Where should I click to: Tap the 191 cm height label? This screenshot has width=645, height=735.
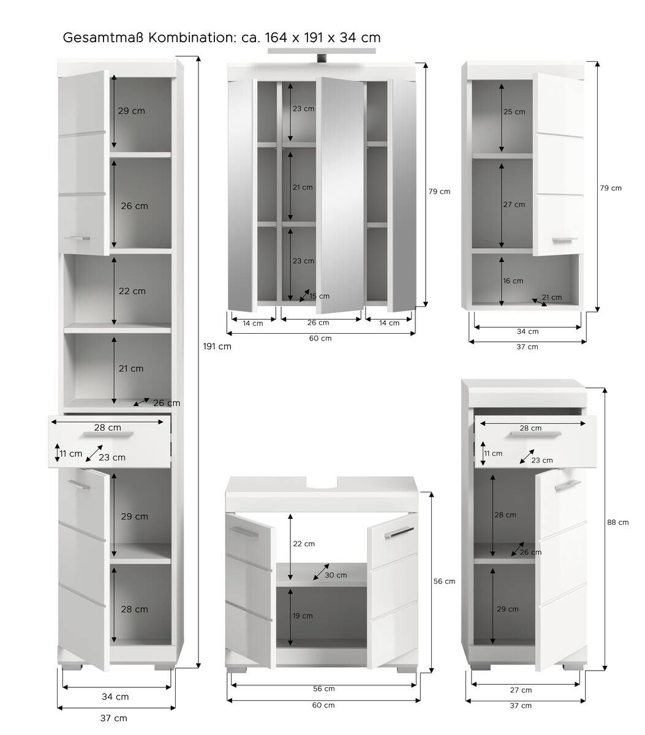217,346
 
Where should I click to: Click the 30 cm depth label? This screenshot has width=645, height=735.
336,575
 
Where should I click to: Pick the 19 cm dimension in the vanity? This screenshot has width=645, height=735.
303,616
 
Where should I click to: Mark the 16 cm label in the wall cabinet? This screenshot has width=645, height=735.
513,281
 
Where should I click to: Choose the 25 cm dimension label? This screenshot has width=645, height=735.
515,112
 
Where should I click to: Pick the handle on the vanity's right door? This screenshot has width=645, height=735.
399,533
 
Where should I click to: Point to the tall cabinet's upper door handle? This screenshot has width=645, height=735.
77,238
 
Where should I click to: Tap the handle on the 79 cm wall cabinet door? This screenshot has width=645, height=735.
564,240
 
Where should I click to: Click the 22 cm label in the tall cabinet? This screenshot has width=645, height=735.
132,291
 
